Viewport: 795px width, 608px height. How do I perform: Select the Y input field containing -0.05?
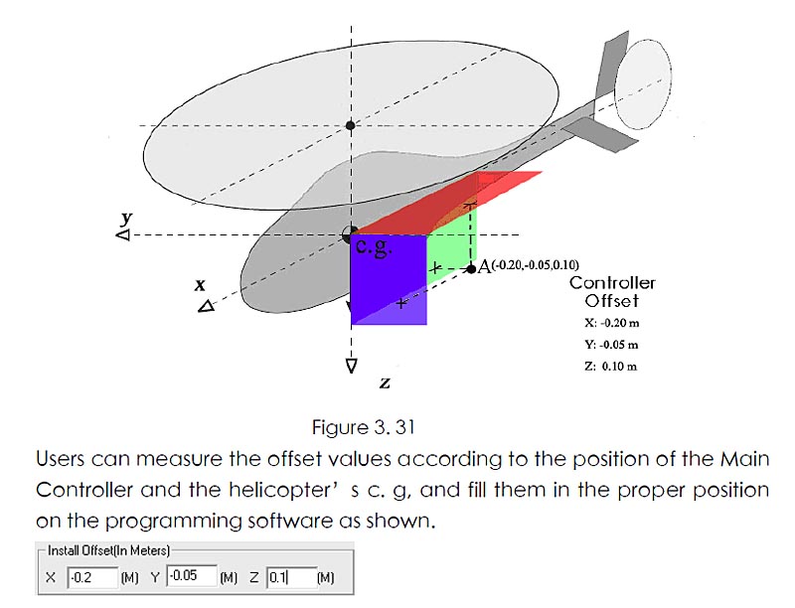coord(191,576)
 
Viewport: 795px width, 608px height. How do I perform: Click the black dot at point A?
coord(471,268)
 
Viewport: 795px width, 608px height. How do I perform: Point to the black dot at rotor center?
coord(350,125)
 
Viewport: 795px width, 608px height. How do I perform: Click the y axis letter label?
coord(126,218)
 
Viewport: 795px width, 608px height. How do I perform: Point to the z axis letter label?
coord(383,381)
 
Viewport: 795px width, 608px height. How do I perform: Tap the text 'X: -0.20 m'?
coord(612,323)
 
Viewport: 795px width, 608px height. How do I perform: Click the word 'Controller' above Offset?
coord(612,283)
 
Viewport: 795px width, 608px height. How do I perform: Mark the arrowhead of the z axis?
coord(351,366)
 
